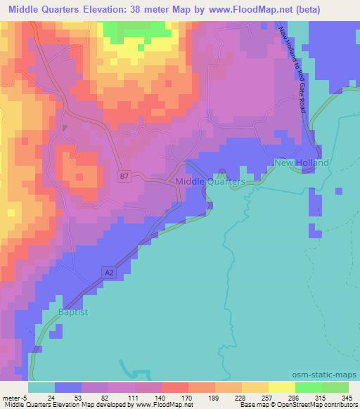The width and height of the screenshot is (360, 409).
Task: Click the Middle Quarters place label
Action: (x=209, y=181)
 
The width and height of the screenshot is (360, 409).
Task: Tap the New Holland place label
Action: (x=301, y=163)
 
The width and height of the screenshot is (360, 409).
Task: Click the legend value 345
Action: (x=346, y=397)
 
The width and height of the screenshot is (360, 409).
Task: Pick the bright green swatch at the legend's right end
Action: (x=335, y=387)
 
